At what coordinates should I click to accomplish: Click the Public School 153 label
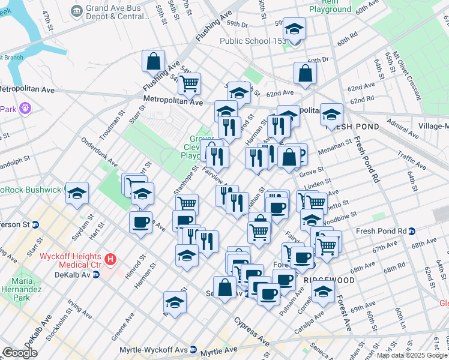[252, 41]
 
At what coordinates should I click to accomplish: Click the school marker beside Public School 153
[294, 30]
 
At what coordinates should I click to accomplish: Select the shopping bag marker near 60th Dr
[306, 74]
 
